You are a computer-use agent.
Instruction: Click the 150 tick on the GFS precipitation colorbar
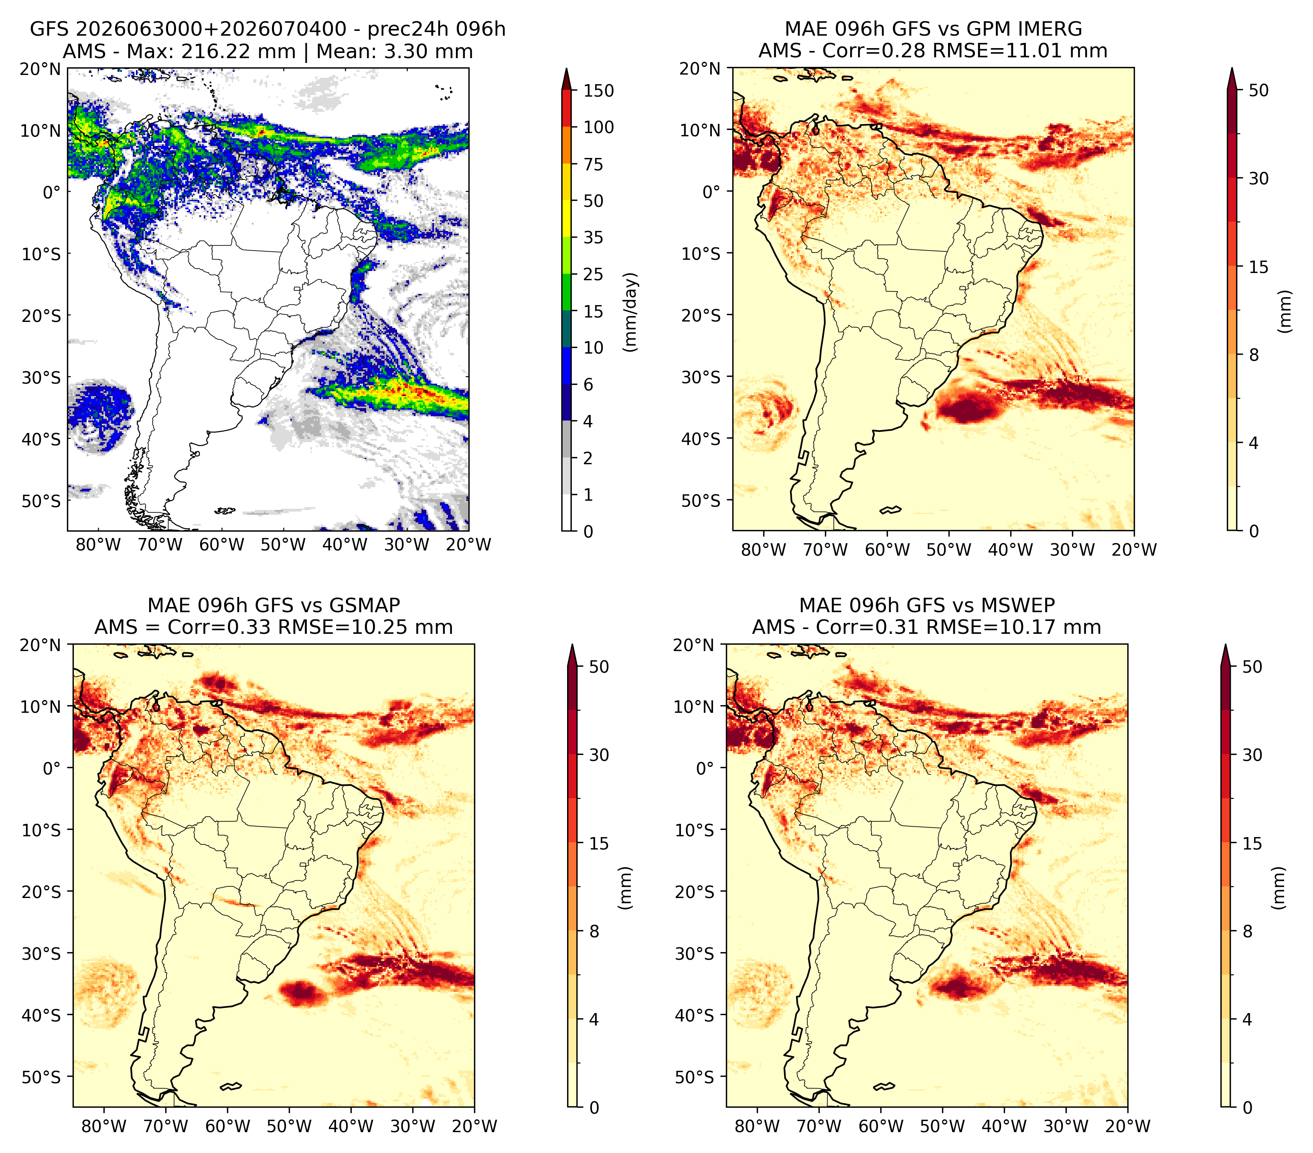click(x=598, y=91)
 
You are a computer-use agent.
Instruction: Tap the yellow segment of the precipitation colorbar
click(x=566, y=200)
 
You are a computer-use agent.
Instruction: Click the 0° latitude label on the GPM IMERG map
click(x=712, y=191)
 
